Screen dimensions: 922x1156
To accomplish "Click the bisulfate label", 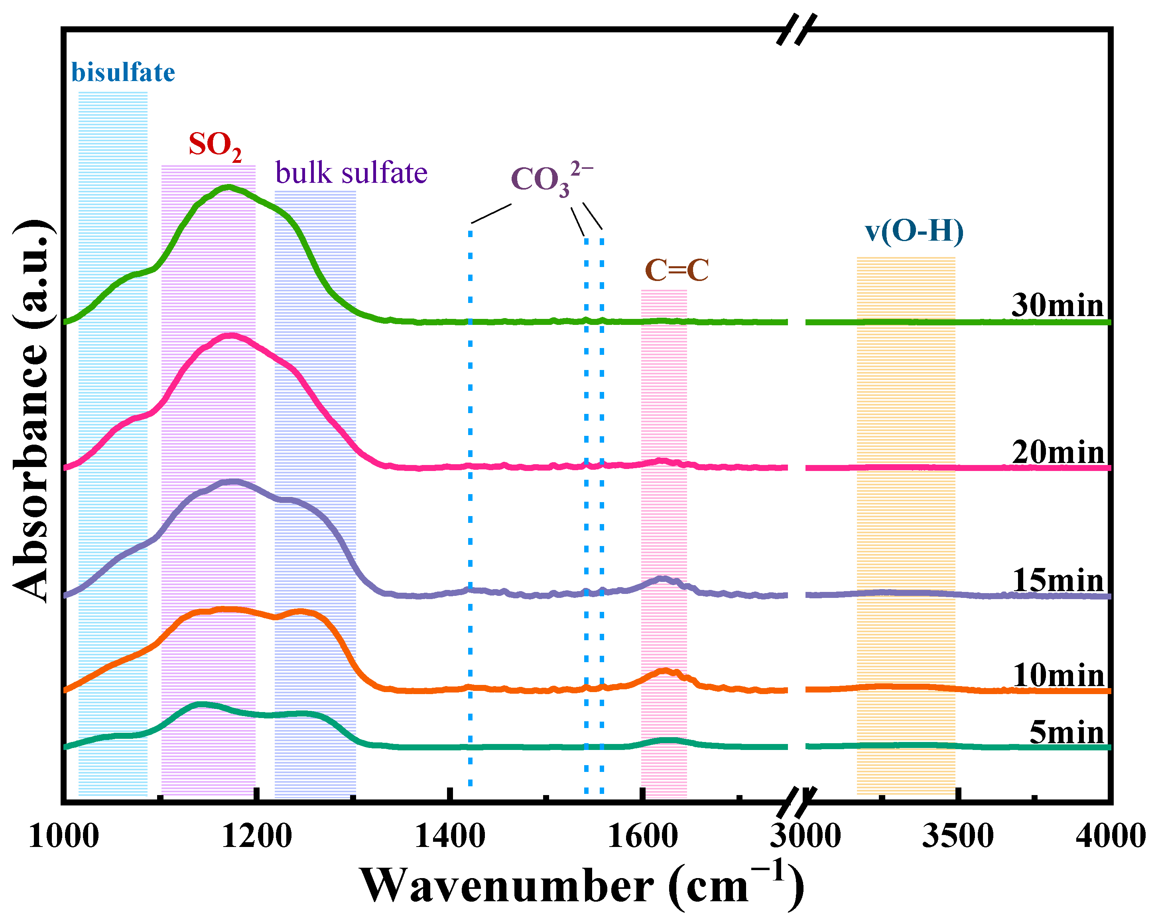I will (x=123, y=73).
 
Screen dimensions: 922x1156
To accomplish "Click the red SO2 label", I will (x=215, y=145).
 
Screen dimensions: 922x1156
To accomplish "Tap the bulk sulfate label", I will (x=351, y=173).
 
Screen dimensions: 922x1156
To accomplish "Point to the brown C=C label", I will (x=677, y=270).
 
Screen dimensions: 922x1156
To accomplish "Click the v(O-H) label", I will (x=914, y=231).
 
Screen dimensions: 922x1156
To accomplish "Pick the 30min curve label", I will (x=1058, y=305).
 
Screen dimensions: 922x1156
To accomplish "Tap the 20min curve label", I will (x=1058, y=452).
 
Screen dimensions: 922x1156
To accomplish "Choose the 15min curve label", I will (x=1058, y=581).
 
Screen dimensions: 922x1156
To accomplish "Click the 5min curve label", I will (x=1066, y=732).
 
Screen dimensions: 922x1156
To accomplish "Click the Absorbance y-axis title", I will (x=32, y=411).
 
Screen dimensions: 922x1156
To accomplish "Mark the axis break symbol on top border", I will (x=797, y=30).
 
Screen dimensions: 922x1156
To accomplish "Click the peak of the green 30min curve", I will (x=229, y=187).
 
